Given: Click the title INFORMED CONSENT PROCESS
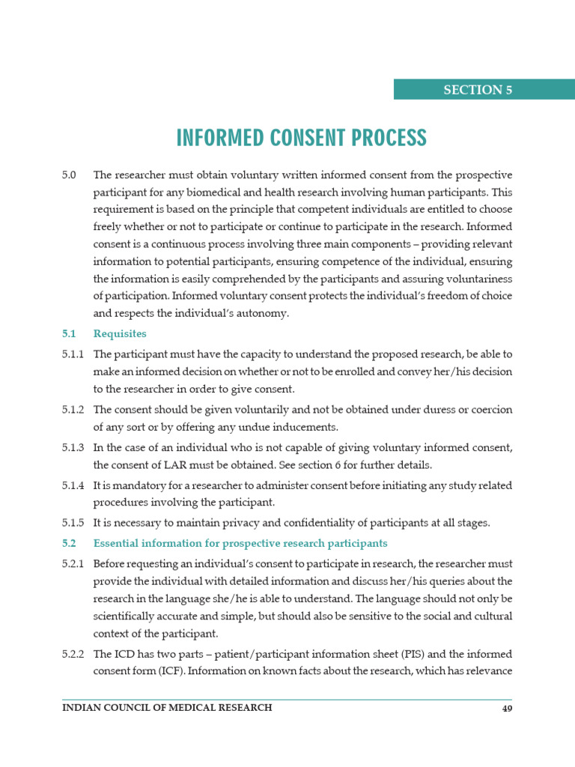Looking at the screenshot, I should [301, 138].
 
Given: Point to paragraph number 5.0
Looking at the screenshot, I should [70, 175].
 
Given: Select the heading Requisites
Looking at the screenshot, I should [120, 333].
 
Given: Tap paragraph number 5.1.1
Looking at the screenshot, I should [73, 354].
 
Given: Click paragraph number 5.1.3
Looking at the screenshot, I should [73, 447].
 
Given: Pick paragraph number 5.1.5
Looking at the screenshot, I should [73, 522].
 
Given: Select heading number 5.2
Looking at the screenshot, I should [70, 543].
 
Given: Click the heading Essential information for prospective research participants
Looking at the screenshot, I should [240, 543].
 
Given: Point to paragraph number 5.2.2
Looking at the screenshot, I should [73, 654].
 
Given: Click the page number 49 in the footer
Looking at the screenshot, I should [507, 708].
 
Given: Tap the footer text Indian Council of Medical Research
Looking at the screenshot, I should [167, 708].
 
